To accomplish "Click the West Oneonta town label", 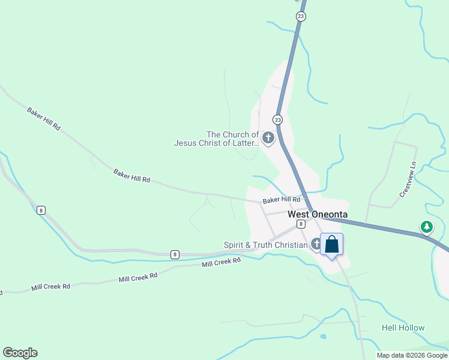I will pyautogui.click(x=318, y=214).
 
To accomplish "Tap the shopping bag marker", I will pyautogui.click(x=331, y=245).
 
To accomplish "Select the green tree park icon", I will pyautogui.click(x=426, y=227).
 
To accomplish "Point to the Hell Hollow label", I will pyautogui.click(x=403, y=328).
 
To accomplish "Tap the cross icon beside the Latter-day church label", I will pyautogui.click(x=268, y=139).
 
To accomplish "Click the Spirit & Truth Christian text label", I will pyautogui.click(x=265, y=245).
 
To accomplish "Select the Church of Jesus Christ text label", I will pyautogui.click(x=216, y=139).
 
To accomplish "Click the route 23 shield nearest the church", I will pyautogui.click(x=277, y=119).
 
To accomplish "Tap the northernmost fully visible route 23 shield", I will pyautogui.click(x=300, y=16).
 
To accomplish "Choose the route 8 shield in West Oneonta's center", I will pyautogui.click(x=300, y=224).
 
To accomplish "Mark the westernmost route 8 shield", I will pyautogui.click(x=41, y=209).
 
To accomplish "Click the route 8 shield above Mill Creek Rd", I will pyautogui.click(x=174, y=254).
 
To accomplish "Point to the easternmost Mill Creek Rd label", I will pyautogui.click(x=221, y=262).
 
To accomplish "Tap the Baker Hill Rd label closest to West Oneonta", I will pyautogui.click(x=281, y=199).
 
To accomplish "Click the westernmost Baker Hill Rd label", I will pyautogui.click(x=44, y=119).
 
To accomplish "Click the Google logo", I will pyautogui.click(x=20, y=353).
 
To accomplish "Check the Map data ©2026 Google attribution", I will pyautogui.click(x=412, y=355).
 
